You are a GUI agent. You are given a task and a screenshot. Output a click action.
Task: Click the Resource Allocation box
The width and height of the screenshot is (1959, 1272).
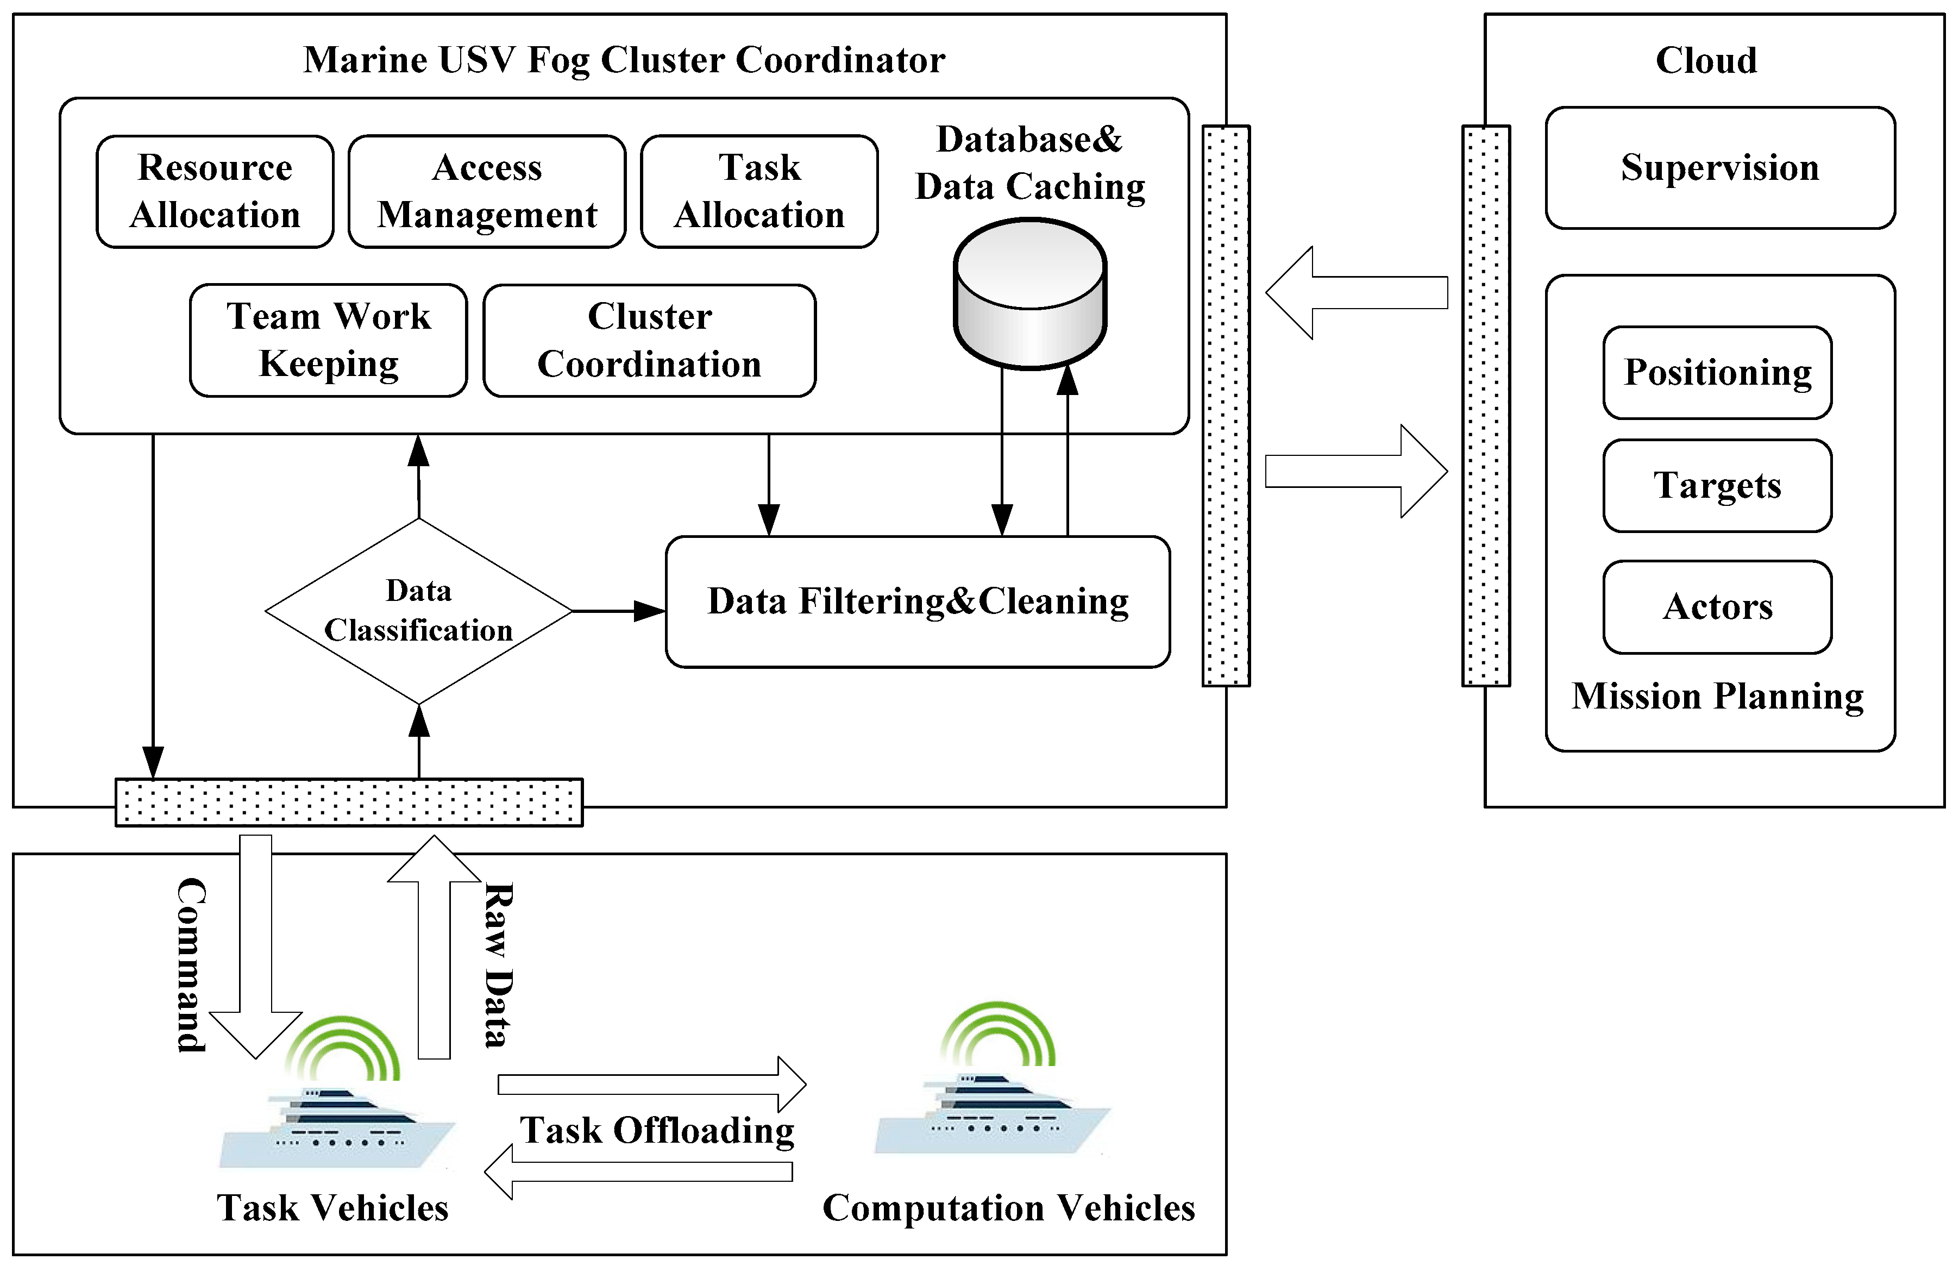click(215, 191)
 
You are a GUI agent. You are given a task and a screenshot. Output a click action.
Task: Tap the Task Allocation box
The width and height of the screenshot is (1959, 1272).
click(759, 191)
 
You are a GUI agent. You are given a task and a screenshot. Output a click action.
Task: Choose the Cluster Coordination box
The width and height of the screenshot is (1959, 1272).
click(649, 340)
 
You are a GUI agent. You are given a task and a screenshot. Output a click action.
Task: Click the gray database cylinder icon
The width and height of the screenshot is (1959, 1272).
click(1029, 294)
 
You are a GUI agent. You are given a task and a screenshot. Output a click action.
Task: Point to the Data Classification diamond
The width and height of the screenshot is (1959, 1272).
click(418, 611)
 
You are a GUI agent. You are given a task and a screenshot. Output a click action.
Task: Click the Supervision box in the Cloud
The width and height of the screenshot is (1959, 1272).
click(1719, 168)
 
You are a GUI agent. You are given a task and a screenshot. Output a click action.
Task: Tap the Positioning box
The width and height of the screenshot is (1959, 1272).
click(1717, 372)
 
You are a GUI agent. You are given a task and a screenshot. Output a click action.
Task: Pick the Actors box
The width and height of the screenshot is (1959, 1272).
click(1717, 607)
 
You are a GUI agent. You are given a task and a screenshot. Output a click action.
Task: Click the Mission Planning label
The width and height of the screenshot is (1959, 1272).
click(1717, 697)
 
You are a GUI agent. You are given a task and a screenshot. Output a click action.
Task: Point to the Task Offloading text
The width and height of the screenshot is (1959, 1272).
click(657, 1130)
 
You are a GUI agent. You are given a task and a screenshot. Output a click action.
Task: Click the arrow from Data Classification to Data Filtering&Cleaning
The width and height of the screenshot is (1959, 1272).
click(617, 611)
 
